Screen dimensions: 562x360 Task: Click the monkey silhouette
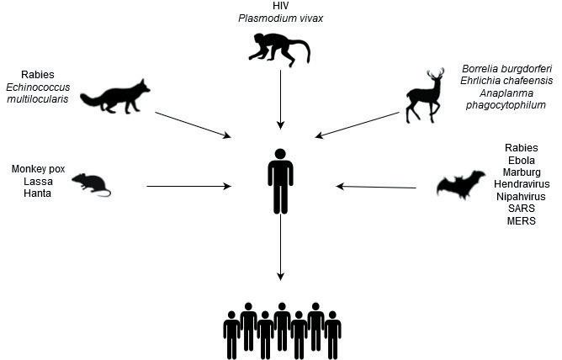point(278,50)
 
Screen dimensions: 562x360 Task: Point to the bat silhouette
point(460,184)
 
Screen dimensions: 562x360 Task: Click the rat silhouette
point(90,184)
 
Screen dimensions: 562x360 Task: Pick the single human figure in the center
point(280,182)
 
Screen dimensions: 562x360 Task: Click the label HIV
point(280,7)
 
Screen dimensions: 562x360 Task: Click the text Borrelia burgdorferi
point(503,68)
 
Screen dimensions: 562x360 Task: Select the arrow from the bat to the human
point(375,187)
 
